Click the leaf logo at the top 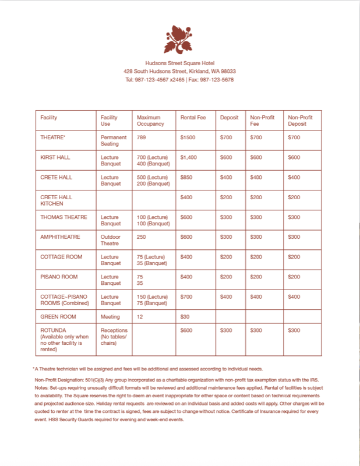coord(179,38)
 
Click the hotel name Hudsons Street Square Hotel coord(179,63)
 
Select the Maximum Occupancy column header coord(149,121)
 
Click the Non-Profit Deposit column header coord(300,121)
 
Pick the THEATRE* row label coord(53,137)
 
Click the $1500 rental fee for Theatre coord(189,137)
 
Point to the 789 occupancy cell coord(142,137)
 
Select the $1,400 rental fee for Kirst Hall coord(189,157)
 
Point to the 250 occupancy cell coord(142,236)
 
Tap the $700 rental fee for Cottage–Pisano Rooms coord(186,296)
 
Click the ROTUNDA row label coord(54,330)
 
